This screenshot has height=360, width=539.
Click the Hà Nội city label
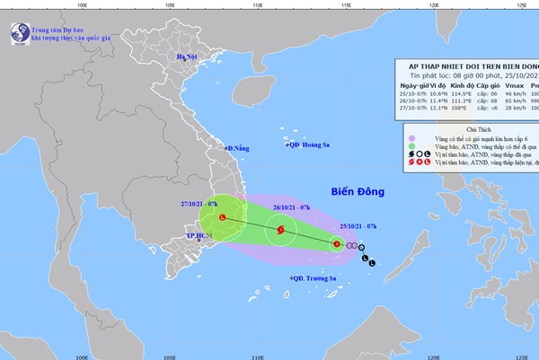pos(186,57)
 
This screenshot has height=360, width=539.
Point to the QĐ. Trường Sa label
pos(314,278)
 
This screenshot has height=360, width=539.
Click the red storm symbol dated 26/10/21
pos(281,231)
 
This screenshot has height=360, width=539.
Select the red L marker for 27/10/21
pos(223,218)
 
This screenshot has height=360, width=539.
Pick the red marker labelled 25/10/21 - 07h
pos(337,243)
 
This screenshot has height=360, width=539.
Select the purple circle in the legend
pos(410,138)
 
